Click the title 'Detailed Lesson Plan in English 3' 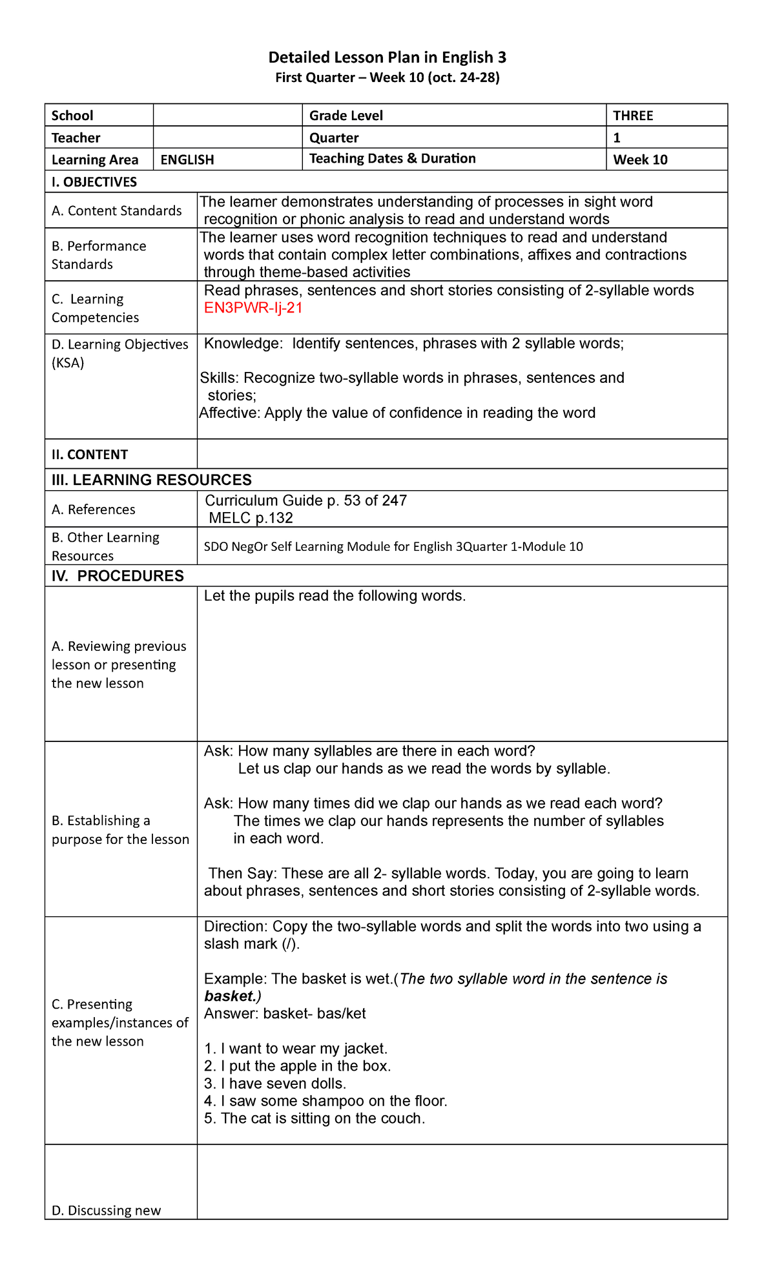[387, 57]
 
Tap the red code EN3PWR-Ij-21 [253, 308]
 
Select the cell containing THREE [633, 116]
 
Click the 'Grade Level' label [346, 116]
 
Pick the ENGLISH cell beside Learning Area [187, 159]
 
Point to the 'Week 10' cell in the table [640, 159]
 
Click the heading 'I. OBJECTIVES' [94, 182]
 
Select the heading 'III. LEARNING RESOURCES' [152, 480]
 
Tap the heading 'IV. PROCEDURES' [118, 576]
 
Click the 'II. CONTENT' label [90, 455]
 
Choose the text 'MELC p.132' [251, 518]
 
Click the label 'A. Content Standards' [117, 211]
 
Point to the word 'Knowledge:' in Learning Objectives [243, 344]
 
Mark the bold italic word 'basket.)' [232, 996]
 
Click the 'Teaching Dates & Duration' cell [392, 159]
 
